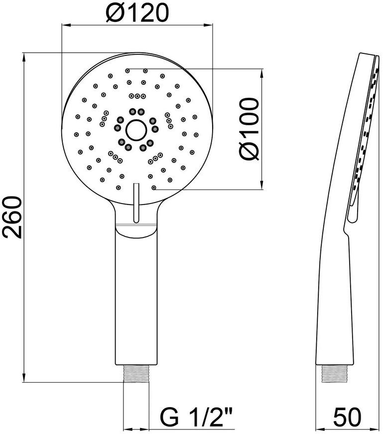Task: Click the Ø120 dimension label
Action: [137, 13]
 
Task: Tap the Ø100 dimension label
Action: [249, 129]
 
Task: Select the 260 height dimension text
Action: [12, 217]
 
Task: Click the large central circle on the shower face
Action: [136, 130]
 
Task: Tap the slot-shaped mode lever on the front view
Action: [136, 203]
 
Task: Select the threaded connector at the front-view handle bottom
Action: [136, 373]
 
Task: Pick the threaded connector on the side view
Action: [335, 373]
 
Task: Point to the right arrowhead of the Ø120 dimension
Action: [208, 25]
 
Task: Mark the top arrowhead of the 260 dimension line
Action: [24, 57]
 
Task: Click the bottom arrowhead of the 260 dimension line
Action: [24, 378]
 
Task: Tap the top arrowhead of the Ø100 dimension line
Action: [261, 73]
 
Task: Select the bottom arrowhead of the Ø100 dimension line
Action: [261, 185]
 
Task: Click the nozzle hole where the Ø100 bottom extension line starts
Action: [154, 188]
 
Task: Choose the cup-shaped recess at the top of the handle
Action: [136, 230]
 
